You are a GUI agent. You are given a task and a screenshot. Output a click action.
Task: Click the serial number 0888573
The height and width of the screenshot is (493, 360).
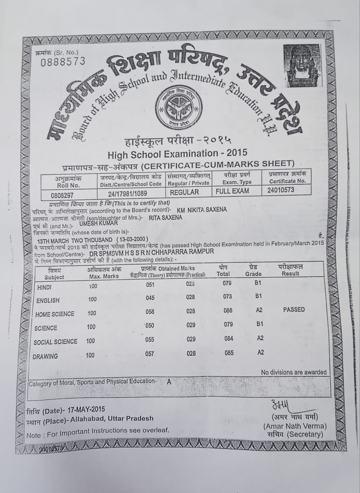(63, 62)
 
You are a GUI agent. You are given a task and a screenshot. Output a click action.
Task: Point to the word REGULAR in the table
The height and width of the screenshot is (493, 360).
(184, 192)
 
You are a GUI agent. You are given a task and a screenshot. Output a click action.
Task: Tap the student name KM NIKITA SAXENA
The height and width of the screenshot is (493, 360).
(202, 209)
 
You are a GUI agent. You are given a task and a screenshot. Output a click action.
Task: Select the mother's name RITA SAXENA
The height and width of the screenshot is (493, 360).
(165, 217)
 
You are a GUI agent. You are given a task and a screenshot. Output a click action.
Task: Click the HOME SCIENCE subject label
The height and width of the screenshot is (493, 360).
(55, 314)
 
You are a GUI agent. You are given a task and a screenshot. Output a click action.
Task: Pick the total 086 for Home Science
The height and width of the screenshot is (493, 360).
(229, 310)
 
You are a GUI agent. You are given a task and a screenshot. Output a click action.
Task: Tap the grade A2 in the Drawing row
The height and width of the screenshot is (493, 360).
(260, 352)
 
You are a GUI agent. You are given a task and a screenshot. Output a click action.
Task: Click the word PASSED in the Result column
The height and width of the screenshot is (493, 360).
(294, 309)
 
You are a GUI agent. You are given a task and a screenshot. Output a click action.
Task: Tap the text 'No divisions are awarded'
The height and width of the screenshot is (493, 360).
(294, 372)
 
